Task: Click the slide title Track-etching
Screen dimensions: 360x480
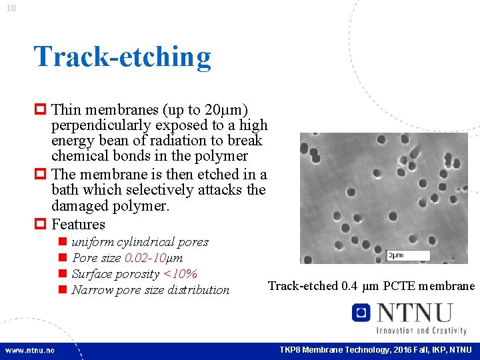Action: point(122,57)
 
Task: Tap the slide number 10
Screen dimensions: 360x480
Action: point(11,8)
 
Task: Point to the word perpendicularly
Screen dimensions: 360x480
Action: point(101,125)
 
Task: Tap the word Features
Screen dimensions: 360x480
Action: point(78,224)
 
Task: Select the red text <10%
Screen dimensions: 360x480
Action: point(180,274)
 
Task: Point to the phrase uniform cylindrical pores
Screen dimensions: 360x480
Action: point(140,242)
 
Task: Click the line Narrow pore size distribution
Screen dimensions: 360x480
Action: point(150,290)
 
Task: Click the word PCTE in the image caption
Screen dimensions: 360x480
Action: point(401,286)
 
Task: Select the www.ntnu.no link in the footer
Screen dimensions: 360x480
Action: point(31,350)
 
